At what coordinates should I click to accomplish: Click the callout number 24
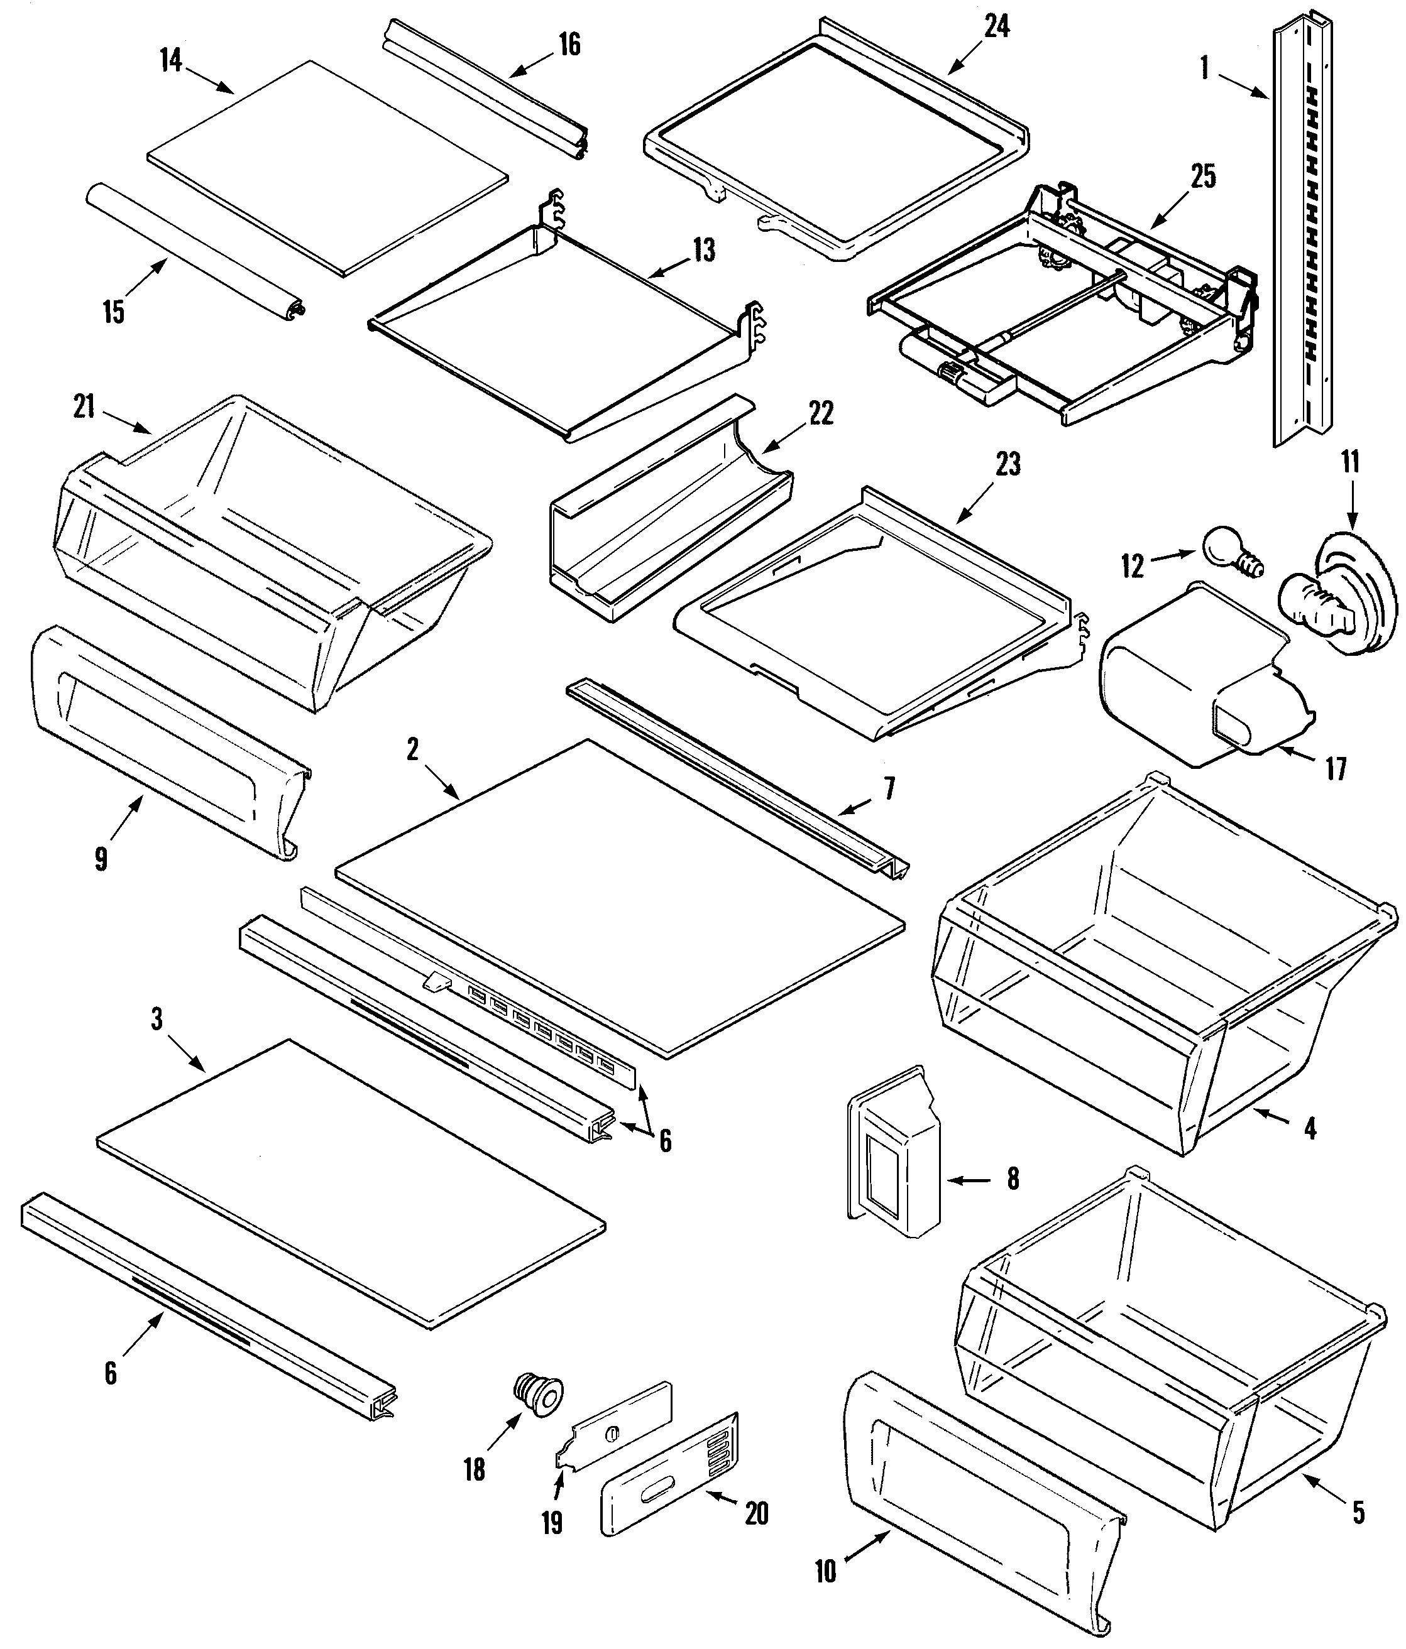996,26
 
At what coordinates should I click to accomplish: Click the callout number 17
1334,769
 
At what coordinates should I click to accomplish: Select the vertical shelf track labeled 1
1299,231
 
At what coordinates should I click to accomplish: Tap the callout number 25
1203,177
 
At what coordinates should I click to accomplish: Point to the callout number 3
157,1020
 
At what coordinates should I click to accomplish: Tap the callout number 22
821,413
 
